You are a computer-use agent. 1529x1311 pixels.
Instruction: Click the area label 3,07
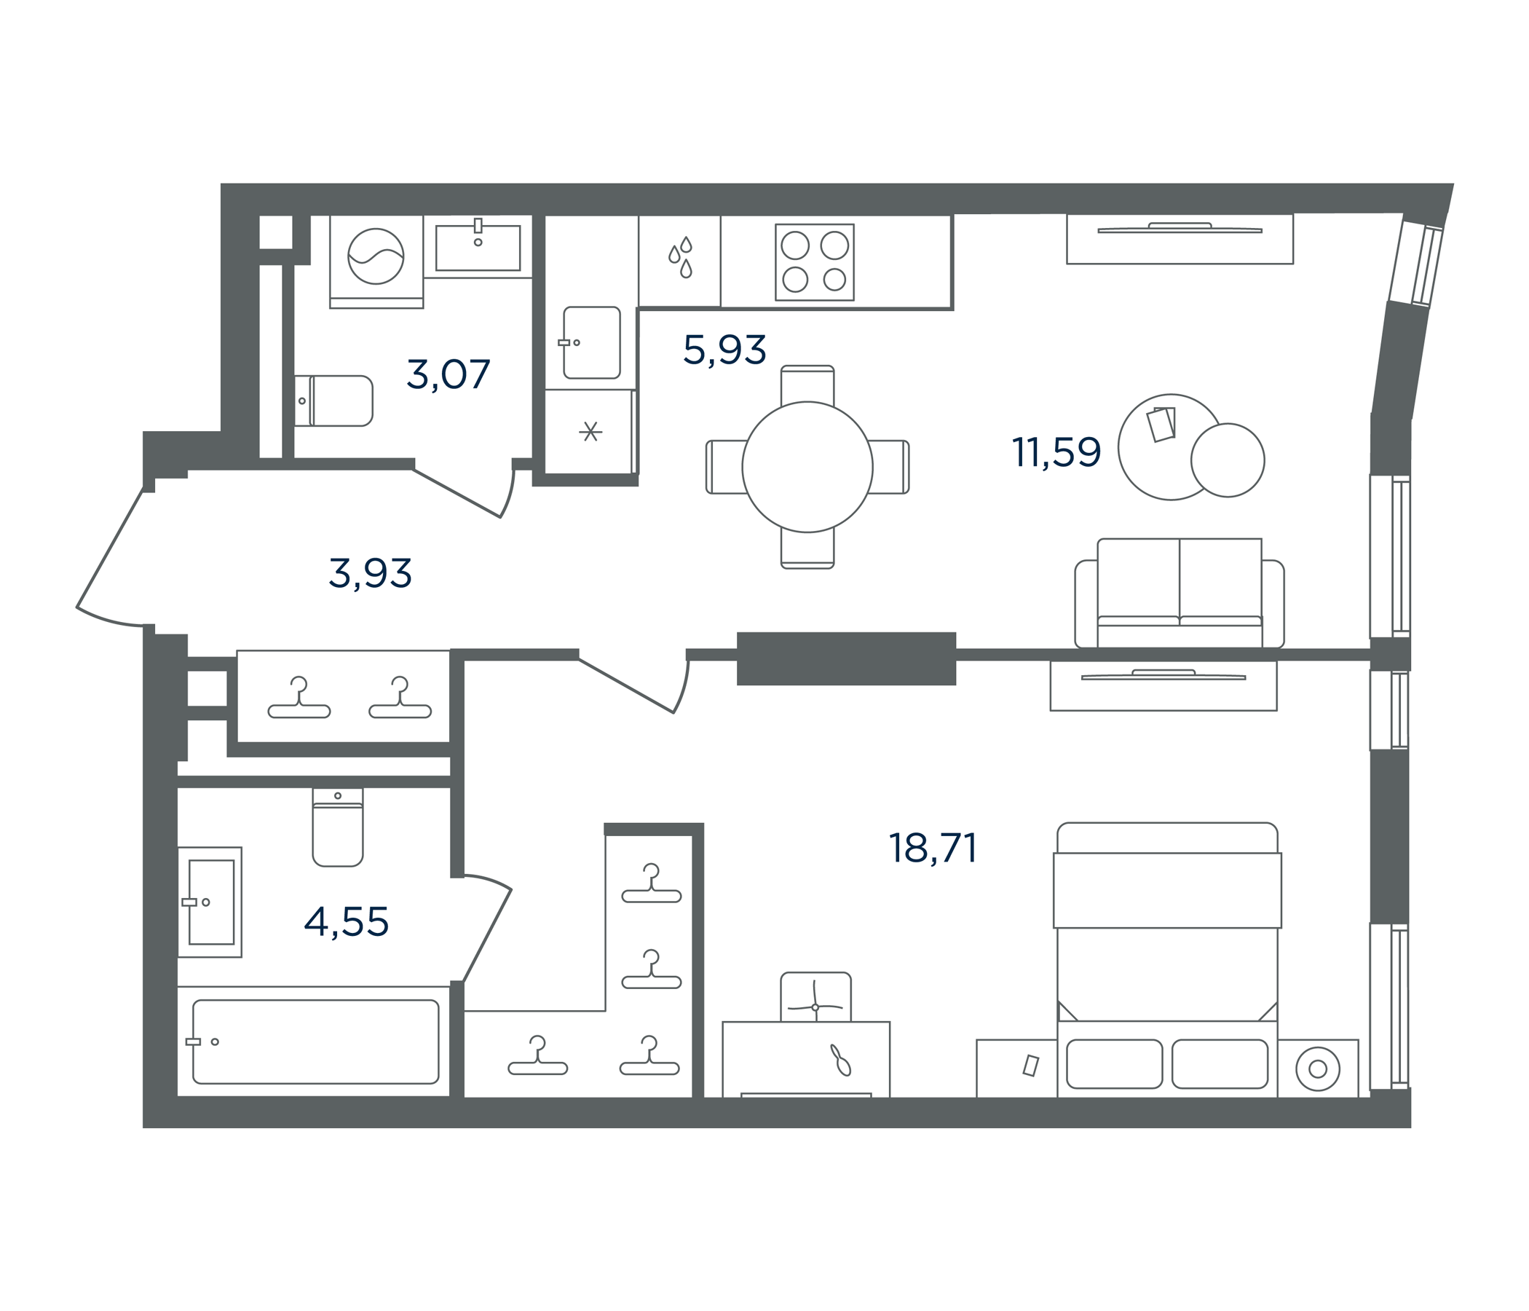point(448,374)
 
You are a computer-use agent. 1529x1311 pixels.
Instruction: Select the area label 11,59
point(1056,452)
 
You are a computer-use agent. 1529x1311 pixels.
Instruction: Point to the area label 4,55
point(346,921)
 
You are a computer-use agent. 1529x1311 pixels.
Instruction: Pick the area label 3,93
point(370,574)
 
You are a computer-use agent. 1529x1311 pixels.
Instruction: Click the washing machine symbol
point(376,256)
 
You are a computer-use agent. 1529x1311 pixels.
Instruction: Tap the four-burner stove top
point(815,262)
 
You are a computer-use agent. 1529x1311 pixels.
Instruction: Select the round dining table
point(807,467)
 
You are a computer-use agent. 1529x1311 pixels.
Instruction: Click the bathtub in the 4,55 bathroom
point(316,1042)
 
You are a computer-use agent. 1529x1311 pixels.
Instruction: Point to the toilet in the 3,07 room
point(333,401)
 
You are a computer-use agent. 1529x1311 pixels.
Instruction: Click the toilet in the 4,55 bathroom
point(338,827)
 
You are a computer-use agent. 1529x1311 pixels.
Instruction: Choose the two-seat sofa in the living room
point(1180,594)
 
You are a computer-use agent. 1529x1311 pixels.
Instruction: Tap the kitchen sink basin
point(591,342)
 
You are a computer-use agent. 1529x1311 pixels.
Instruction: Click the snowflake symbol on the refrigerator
point(590,430)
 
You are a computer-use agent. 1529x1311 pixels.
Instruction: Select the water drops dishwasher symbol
point(680,257)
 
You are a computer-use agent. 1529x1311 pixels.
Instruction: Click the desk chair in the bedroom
point(815,997)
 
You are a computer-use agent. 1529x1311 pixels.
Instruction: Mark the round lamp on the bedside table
point(1317,1069)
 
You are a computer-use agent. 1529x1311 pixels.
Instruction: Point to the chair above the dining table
point(807,385)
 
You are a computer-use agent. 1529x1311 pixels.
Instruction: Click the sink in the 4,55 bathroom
point(210,902)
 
